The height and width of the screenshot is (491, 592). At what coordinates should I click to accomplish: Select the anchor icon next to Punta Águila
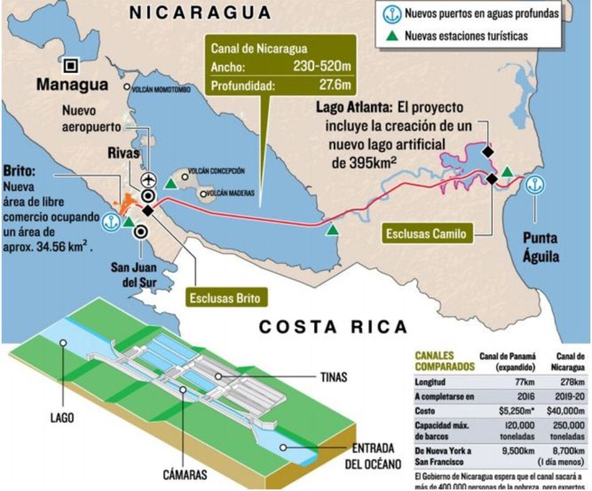click(534, 184)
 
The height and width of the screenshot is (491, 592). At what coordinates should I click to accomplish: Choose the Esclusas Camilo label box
click(426, 234)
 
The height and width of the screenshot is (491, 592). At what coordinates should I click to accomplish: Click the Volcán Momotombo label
click(163, 88)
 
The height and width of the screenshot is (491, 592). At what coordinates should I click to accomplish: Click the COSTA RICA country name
click(333, 327)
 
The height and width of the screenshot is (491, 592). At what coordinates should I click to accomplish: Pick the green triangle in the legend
click(391, 36)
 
